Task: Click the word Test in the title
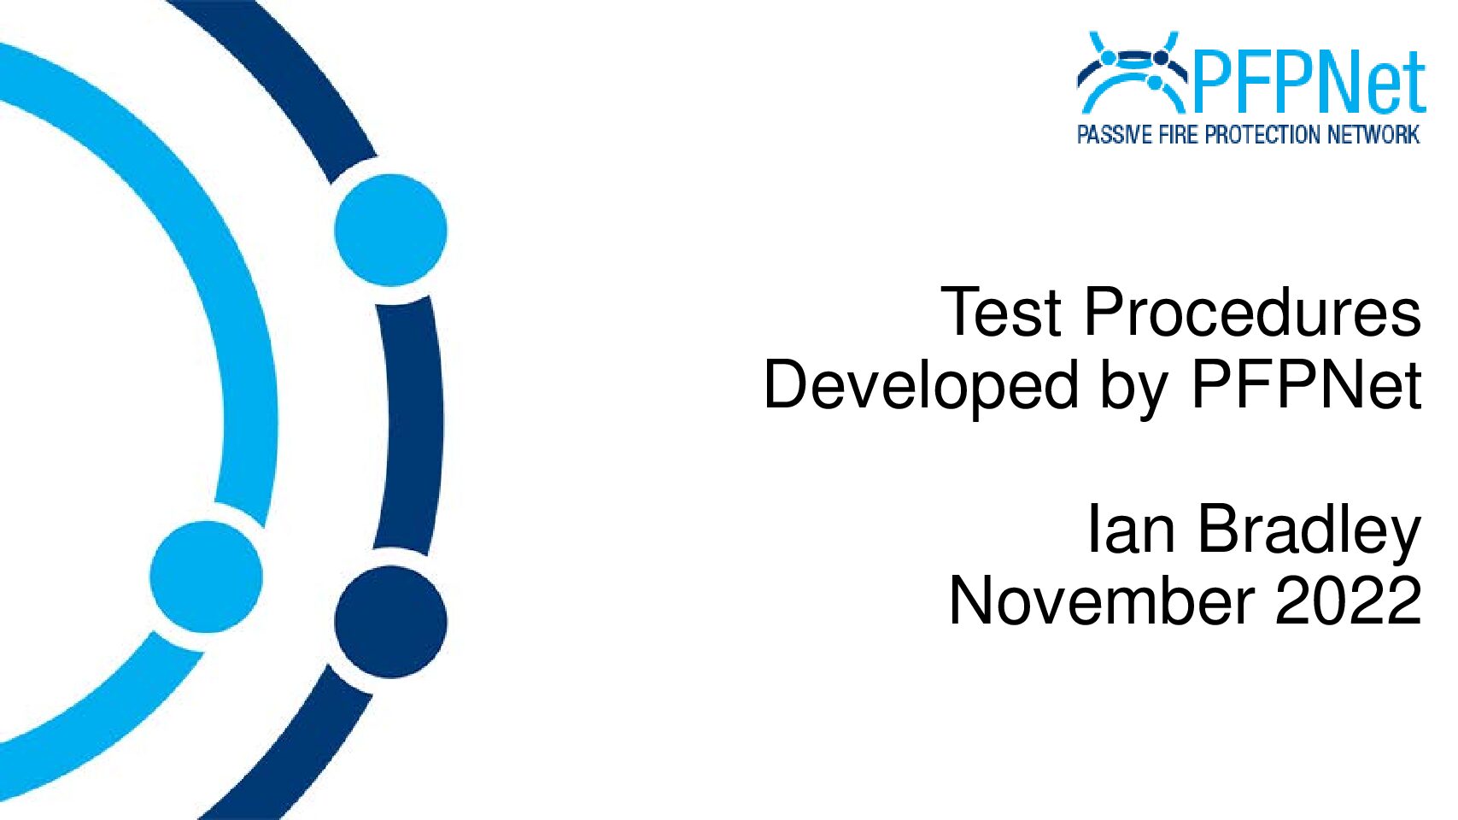(x=1001, y=313)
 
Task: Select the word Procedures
(x=1251, y=313)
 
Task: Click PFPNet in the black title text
(x=1306, y=385)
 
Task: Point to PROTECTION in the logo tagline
(x=1263, y=135)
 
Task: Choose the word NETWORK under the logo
(x=1373, y=135)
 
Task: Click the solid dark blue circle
(x=390, y=622)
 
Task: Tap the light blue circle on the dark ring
(x=390, y=230)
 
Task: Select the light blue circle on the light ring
(x=207, y=577)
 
